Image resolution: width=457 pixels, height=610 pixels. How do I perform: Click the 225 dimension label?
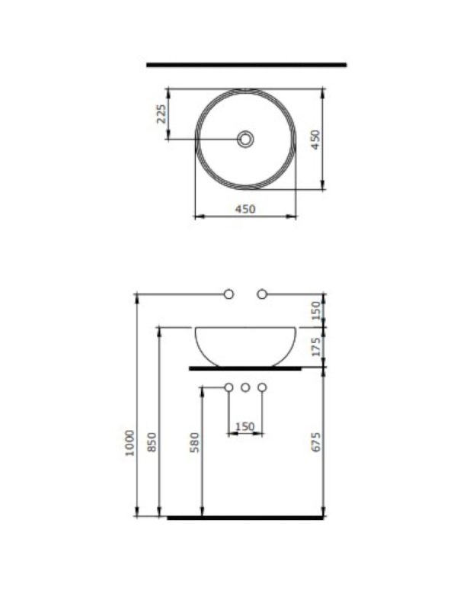coord(161,115)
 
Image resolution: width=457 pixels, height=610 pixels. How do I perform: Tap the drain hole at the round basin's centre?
coord(245,139)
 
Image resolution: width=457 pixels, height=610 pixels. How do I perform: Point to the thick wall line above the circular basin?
coord(246,65)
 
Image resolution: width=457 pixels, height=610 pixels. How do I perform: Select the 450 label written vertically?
coord(315,140)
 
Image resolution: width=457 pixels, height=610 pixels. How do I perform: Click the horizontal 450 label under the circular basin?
coord(244,208)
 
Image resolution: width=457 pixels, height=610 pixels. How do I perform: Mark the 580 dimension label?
coord(194,443)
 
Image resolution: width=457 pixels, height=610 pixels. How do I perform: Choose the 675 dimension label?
coord(316,442)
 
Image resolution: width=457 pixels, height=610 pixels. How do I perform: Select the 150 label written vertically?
coord(316,310)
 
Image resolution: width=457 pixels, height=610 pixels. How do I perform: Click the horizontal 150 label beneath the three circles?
coord(244,427)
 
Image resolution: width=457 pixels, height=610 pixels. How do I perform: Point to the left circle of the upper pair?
coord(228,294)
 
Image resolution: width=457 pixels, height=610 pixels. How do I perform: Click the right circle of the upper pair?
coord(262,294)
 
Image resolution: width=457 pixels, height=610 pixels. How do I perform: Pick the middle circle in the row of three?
coord(245,388)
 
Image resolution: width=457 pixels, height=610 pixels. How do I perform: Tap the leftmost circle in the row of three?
coord(228,388)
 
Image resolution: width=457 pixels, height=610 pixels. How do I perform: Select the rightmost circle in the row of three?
coord(262,388)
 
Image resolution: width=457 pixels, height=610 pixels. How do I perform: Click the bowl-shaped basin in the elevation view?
coord(245,345)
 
